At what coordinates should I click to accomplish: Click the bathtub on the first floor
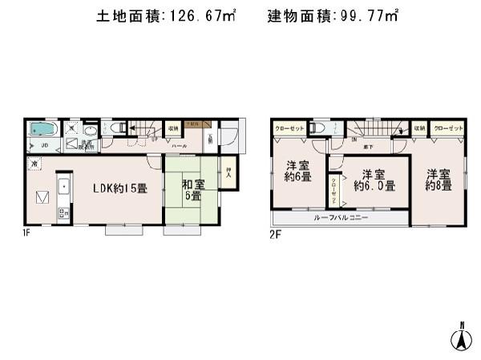[x=42, y=129]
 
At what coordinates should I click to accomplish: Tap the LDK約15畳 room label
[x=119, y=188]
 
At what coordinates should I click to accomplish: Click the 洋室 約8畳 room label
[x=439, y=179]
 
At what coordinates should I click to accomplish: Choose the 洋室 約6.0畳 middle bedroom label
[x=374, y=180]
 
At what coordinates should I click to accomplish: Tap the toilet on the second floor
[x=318, y=128]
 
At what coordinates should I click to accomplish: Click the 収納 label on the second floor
[x=419, y=127]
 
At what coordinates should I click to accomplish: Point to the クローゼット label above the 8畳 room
[x=446, y=127]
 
